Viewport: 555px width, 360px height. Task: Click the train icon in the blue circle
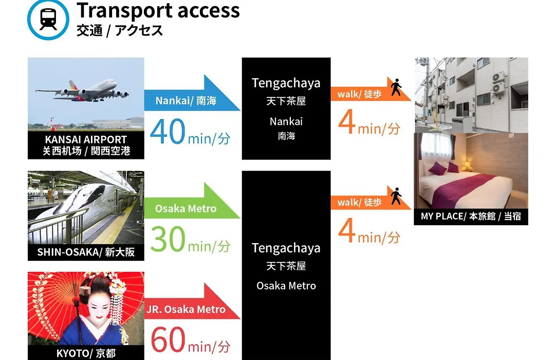click(x=48, y=19)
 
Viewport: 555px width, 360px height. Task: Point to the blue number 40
click(x=168, y=132)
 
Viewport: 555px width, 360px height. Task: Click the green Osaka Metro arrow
click(x=192, y=201)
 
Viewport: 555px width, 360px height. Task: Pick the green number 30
click(x=168, y=239)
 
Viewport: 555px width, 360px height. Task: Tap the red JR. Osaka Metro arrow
click(x=192, y=302)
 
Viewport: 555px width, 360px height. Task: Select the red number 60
click(x=168, y=340)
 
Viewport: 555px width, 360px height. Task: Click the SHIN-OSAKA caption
click(x=86, y=252)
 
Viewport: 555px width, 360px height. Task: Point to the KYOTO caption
click(x=86, y=353)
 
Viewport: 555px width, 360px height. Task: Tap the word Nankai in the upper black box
click(x=286, y=121)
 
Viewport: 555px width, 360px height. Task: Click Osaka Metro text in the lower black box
click(x=286, y=285)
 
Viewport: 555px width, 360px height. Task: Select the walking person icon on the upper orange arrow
click(x=396, y=87)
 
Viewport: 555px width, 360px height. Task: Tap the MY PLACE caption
click(x=471, y=216)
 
